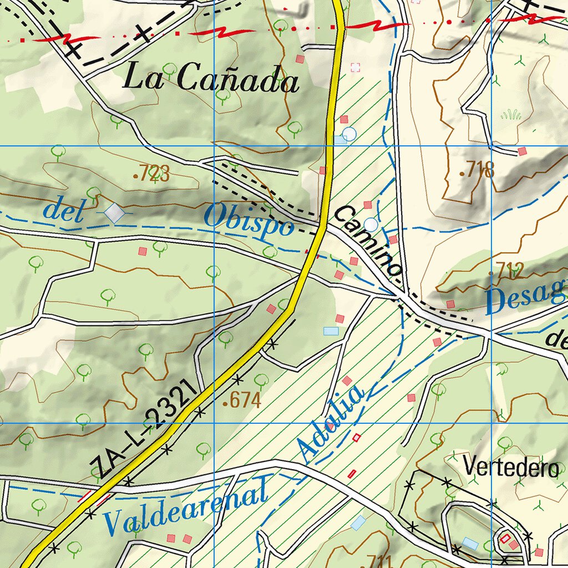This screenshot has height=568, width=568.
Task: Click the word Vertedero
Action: click(511, 467)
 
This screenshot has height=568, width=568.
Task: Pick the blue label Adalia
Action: click(331, 425)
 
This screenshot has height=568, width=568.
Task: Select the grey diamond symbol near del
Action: click(115, 212)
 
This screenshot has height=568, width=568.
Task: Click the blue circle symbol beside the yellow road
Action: click(349, 134)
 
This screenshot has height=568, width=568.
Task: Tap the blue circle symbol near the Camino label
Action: click(371, 225)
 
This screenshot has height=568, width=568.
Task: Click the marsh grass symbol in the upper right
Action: click(510, 115)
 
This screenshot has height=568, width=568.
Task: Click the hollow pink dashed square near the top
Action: click(356, 68)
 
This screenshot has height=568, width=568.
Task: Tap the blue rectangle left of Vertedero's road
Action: click(358, 522)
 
